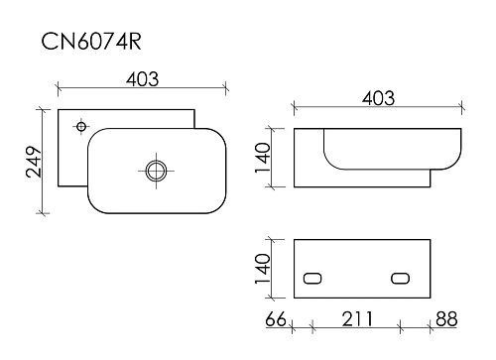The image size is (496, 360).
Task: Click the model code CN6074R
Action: pyautogui.click(x=91, y=42)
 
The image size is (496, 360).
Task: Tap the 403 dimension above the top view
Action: pyautogui.click(x=143, y=79)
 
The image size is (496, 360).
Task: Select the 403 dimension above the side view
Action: pyautogui.click(x=378, y=98)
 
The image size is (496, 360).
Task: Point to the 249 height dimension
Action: pyautogui.click(x=34, y=162)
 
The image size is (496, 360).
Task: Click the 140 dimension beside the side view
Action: pyautogui.click(x=263, y=158)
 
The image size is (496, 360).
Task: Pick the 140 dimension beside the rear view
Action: pyautogui.click(x=263, y=269)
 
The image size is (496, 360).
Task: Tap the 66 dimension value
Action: pyautogui.click(x=276, y=319)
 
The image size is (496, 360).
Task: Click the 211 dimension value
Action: pyautogui.click(x=357, y=319)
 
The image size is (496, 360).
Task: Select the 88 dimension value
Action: pyautogui.click(x=446, y=319)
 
